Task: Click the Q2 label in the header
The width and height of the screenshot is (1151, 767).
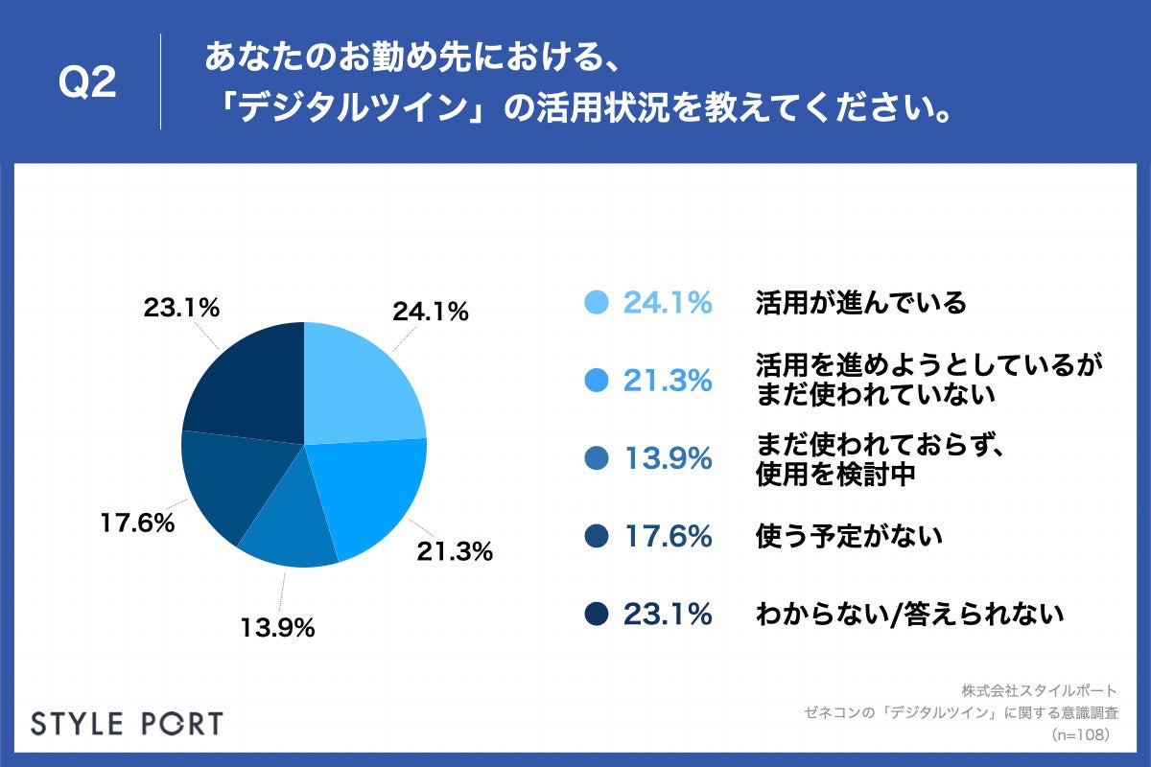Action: click(87, 84)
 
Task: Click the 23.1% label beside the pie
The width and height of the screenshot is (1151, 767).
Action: click(182, 309)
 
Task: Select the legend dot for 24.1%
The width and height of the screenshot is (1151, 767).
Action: click(597, 303)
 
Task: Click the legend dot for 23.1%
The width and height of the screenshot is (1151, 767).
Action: click(597, 614)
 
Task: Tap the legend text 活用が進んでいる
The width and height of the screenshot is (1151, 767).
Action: click(860, 303)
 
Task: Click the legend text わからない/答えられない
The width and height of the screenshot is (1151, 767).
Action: click(909, 614)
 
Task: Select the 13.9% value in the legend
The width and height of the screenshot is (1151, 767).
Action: click(668, 458)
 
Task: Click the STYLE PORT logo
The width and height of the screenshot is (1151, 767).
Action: click(127, 723)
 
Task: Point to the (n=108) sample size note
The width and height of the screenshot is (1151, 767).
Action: click(1080, 734)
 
